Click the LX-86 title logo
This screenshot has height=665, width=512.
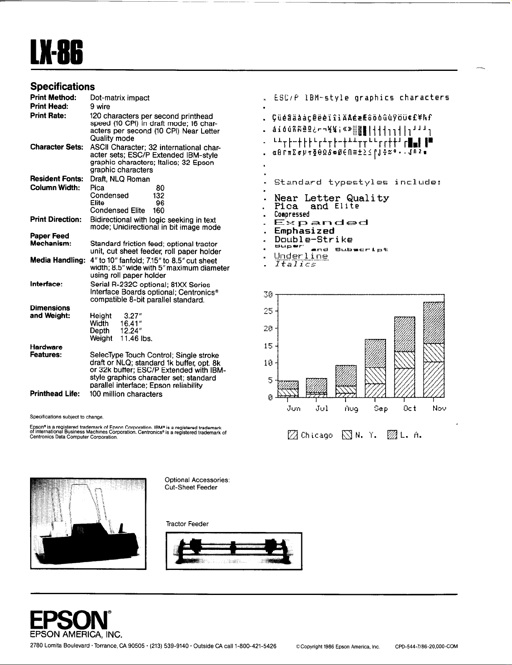[x=56, y=52]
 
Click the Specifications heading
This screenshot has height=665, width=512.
[x=63, y=87]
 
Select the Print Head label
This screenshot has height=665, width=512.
[x=49, y=106]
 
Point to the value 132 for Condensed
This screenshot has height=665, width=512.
[x=159, y=196]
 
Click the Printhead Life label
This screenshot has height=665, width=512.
[x=55, y=394]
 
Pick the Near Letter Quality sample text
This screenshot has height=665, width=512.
[x=332, y=198]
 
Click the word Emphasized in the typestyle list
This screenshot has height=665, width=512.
[x=304, y=231]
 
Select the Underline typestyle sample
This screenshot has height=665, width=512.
[x=301, y=256]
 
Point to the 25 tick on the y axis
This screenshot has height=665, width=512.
[x=269, y=311]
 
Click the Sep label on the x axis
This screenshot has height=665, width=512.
[x=381, y=409]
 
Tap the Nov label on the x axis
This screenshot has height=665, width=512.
[x=439, y=409]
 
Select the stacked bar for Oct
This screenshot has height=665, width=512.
[x=404, y=357]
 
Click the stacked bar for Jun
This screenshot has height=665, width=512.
[x=288, y=389]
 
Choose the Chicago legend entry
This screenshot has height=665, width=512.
[x=310, y=436]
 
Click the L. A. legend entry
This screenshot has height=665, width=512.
[x=404, y=436]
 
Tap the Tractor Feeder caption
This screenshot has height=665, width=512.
[x=187, y=524]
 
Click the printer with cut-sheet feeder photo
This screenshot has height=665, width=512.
[x=88, y=524]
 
